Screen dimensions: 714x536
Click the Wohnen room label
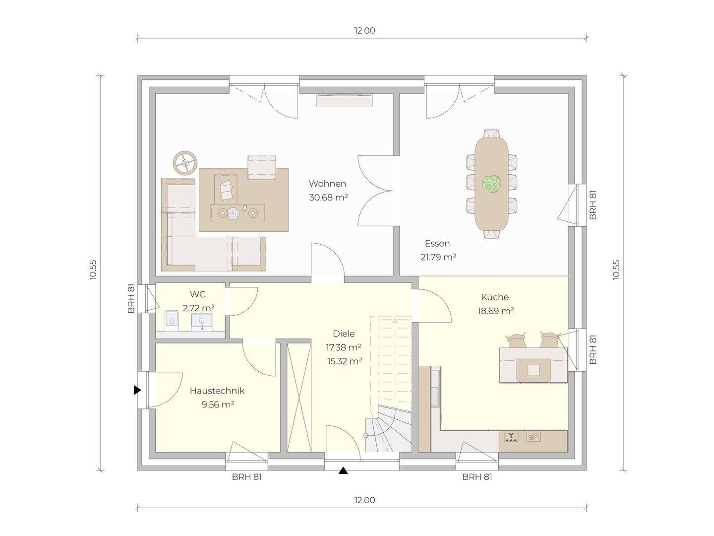[x=327, y=184]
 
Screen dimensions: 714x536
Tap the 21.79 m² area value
[x=438, y=257]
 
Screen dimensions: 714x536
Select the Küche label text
[x=495, y=297]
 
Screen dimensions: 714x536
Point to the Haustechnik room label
[x=217, y=391]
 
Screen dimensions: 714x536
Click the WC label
[x=198, y=294]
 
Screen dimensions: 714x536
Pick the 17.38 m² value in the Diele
[x=344, y=347]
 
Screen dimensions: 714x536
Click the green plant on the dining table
[x=491, y=184]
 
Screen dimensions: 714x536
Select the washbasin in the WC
[x=202, y=322]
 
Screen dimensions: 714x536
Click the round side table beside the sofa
[x=185, y=163]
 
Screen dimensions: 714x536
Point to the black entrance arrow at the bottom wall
[x=343, y=470]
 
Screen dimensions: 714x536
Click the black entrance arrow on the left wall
[x=137, y=390]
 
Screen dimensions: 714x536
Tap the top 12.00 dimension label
[x=364, y=31]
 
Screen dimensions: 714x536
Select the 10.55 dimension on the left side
[x=93, y=269]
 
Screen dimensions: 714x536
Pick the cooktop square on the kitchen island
[x=534, y=370]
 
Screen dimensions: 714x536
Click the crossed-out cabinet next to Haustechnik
[x=298, y=398]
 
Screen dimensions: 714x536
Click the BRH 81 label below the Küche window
[x=477, y=477]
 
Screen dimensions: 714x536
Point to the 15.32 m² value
[x=345, y=361]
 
